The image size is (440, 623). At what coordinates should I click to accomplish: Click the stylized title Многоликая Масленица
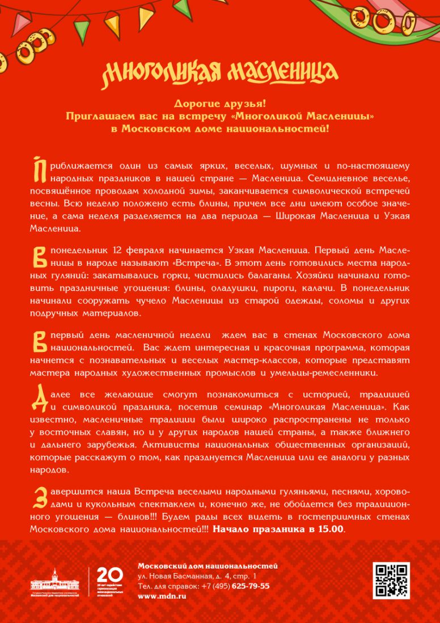click(220, 72)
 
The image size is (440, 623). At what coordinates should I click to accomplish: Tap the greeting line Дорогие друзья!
click(219, 104)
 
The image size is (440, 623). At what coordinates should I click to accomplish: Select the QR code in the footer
click(391, 580)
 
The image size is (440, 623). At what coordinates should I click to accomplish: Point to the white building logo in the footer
click(55, 581)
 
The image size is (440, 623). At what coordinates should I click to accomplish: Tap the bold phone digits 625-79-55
click(250, 586)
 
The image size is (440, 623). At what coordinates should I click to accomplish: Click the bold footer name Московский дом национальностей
click(208, 566)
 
